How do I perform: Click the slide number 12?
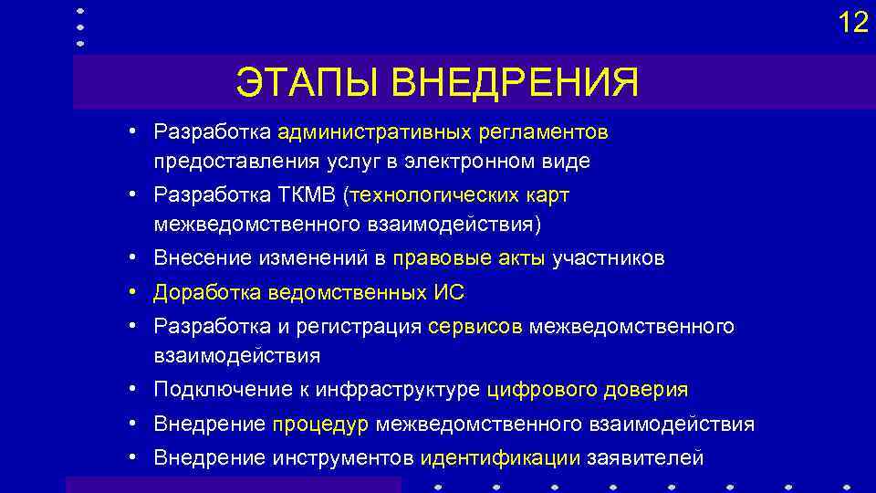click(x=853, y=22)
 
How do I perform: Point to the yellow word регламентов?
click(x=541, y=133)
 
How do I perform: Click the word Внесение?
click(x=201, y=259)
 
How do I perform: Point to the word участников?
click(x=609, y=259)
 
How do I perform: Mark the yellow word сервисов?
click(x=474, y=327)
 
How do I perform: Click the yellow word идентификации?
click(x=500, y=456)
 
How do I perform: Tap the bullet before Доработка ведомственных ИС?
click(x=133, y=293)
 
